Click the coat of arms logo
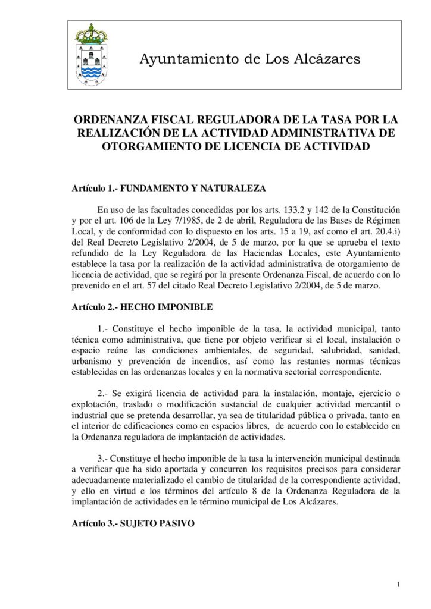point(91,55)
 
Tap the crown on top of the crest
point(91,33)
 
